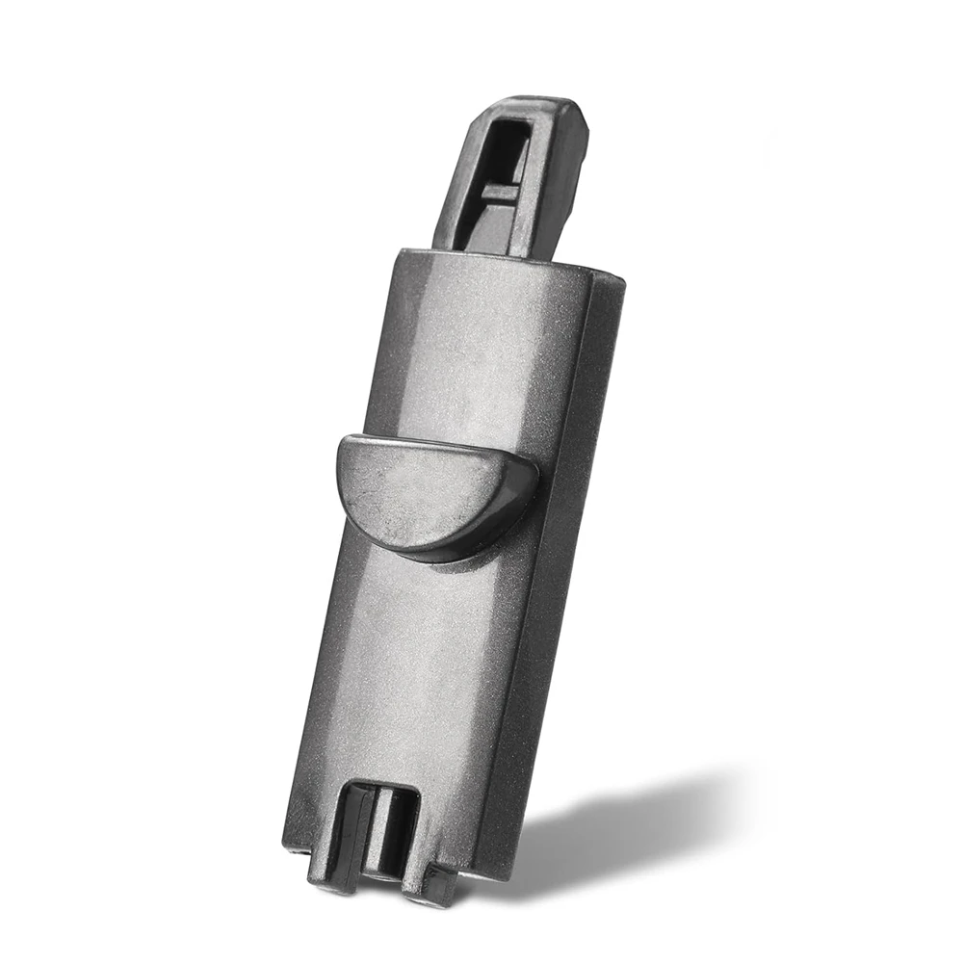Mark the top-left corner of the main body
pos(398,252)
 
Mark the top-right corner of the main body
pos(621,281)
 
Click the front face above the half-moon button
pos(472,347)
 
